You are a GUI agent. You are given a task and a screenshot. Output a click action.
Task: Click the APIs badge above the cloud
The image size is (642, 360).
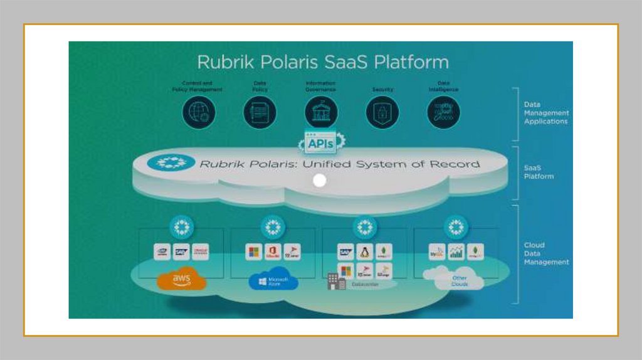[x=320, y=144]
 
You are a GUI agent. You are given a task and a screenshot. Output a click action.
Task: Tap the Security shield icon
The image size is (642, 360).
[x=382, y=113]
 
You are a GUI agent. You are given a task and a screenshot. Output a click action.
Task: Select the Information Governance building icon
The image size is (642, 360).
[x=321, y=113]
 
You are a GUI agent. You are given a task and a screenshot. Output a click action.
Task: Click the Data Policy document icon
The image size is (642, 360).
[x=260, y=113]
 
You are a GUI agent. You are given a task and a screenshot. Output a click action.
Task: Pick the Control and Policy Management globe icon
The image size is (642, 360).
[x=199, y=113]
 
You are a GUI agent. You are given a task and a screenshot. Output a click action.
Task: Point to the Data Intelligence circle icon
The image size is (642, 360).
[x=443, y=113]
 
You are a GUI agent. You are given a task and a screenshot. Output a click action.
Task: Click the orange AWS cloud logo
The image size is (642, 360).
[x=181, y=280]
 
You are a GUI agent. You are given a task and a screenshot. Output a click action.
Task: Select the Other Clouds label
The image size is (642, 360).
[x=460, y=281]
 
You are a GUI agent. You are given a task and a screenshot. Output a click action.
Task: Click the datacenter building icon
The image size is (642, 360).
[x=336, y=282]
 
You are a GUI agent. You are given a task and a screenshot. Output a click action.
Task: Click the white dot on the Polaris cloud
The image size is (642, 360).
[x=320, y=181]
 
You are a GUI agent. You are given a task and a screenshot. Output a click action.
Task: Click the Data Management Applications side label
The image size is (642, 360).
[x=546, y=113]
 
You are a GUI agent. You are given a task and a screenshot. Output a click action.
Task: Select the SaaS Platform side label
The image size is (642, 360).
[x=539, y=172]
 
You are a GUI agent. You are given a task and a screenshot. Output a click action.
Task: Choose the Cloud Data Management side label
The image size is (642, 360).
[x=546, y=253]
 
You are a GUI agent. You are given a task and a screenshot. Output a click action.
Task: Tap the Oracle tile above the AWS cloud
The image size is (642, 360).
[x=201, y=252]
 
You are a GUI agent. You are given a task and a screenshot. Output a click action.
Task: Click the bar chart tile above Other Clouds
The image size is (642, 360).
[x=456, y=252]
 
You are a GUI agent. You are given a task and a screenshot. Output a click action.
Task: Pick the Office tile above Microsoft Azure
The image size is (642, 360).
[x=273, y=252]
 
